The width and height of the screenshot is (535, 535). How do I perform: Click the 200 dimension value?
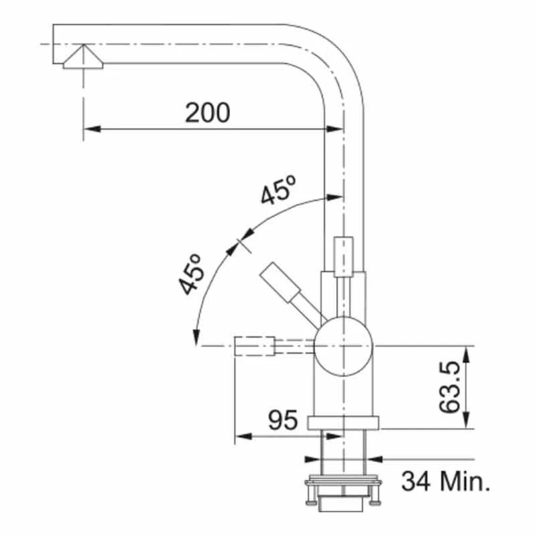[207, 113]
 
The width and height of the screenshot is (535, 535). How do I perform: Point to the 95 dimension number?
[282, 421]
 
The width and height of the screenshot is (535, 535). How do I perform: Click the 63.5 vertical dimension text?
[453, 388]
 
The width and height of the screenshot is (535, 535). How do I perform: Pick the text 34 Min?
[445, 479]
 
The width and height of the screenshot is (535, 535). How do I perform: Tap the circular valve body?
[343, 346]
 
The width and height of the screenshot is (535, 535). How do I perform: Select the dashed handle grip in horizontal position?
[255, 346]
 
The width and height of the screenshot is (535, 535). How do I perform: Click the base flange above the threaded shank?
[343, 422]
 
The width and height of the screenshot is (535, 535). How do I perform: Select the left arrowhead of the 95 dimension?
[240, 439]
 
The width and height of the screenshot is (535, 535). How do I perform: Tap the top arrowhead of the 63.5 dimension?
[465, 351]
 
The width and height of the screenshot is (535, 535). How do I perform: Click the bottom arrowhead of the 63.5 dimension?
[465, 424]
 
